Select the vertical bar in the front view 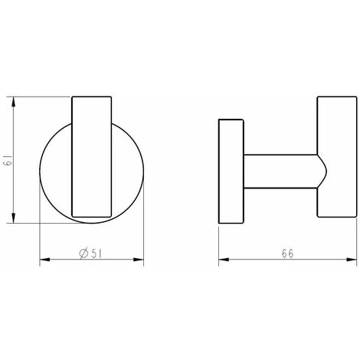point(92,159)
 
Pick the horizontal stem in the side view point(280,172)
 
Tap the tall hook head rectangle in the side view point(333,159)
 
